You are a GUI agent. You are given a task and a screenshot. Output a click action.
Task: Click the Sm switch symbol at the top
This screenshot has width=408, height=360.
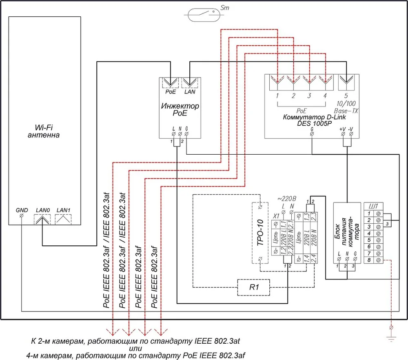click(x=204, y=15)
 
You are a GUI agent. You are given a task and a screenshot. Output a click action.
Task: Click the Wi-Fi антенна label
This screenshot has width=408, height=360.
click(x=44, y=131)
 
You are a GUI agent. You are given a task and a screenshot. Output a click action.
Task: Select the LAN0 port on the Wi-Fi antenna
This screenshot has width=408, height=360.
click(x=42, y=219)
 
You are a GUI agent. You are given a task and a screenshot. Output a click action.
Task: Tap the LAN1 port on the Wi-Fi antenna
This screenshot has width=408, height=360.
click(x=63, y=219)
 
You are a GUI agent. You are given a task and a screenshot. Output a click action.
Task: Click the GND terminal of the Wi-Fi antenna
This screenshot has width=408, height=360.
click(x=22, y=216)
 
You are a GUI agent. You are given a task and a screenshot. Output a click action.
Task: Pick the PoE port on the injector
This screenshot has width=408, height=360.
click(x=171, y=82)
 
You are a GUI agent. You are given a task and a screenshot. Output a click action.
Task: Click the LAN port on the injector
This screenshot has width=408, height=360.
click(x=190, y=82)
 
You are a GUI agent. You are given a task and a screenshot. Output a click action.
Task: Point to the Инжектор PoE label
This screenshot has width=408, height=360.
click(x=180, y=109)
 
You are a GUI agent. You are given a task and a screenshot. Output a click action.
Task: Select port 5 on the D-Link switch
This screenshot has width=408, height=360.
click(x=346, y=82)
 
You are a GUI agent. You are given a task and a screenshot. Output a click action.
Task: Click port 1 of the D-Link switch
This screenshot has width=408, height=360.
click(x=277, y=82)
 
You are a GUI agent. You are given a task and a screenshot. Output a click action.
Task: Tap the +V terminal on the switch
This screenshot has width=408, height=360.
click(x=343, y=134)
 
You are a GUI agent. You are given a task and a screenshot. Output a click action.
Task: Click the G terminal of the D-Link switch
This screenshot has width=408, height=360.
click(x=312, y=133)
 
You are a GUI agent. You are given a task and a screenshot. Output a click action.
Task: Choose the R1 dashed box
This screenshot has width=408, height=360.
click(x=253, y=287)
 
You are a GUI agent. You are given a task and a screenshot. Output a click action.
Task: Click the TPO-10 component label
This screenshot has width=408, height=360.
click(x=260, y=233)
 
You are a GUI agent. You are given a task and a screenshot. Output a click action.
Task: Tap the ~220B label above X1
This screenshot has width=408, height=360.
click(x=286, y=199)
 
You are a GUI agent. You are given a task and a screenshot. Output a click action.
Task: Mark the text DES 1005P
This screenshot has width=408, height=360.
click(x=314, y=123)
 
